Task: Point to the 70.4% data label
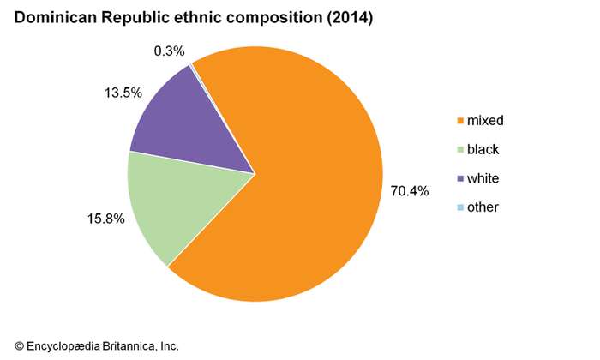(x=410, y=190)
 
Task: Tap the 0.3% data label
(x=169, y=51)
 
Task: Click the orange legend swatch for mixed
(x=460, y=121)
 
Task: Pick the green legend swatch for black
(x=460, y=150)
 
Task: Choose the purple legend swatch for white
(x=460, y=178)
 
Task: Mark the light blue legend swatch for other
(x=460, y=207)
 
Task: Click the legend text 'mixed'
(x=486, y=121)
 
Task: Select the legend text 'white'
(x=484, y=178)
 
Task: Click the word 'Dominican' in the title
(x=57, y=17)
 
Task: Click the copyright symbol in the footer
(x=20, y=345)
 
